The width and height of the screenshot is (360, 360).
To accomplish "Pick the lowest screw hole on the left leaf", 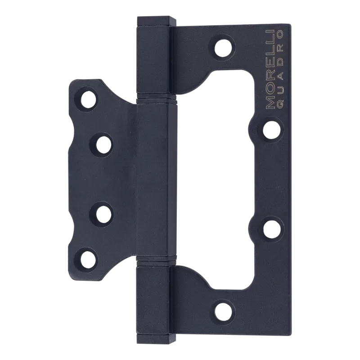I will click(87, 258).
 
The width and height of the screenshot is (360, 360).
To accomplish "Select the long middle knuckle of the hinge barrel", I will click(153, 180).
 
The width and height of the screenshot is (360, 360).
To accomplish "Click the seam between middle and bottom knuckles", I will click(153, 262).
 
